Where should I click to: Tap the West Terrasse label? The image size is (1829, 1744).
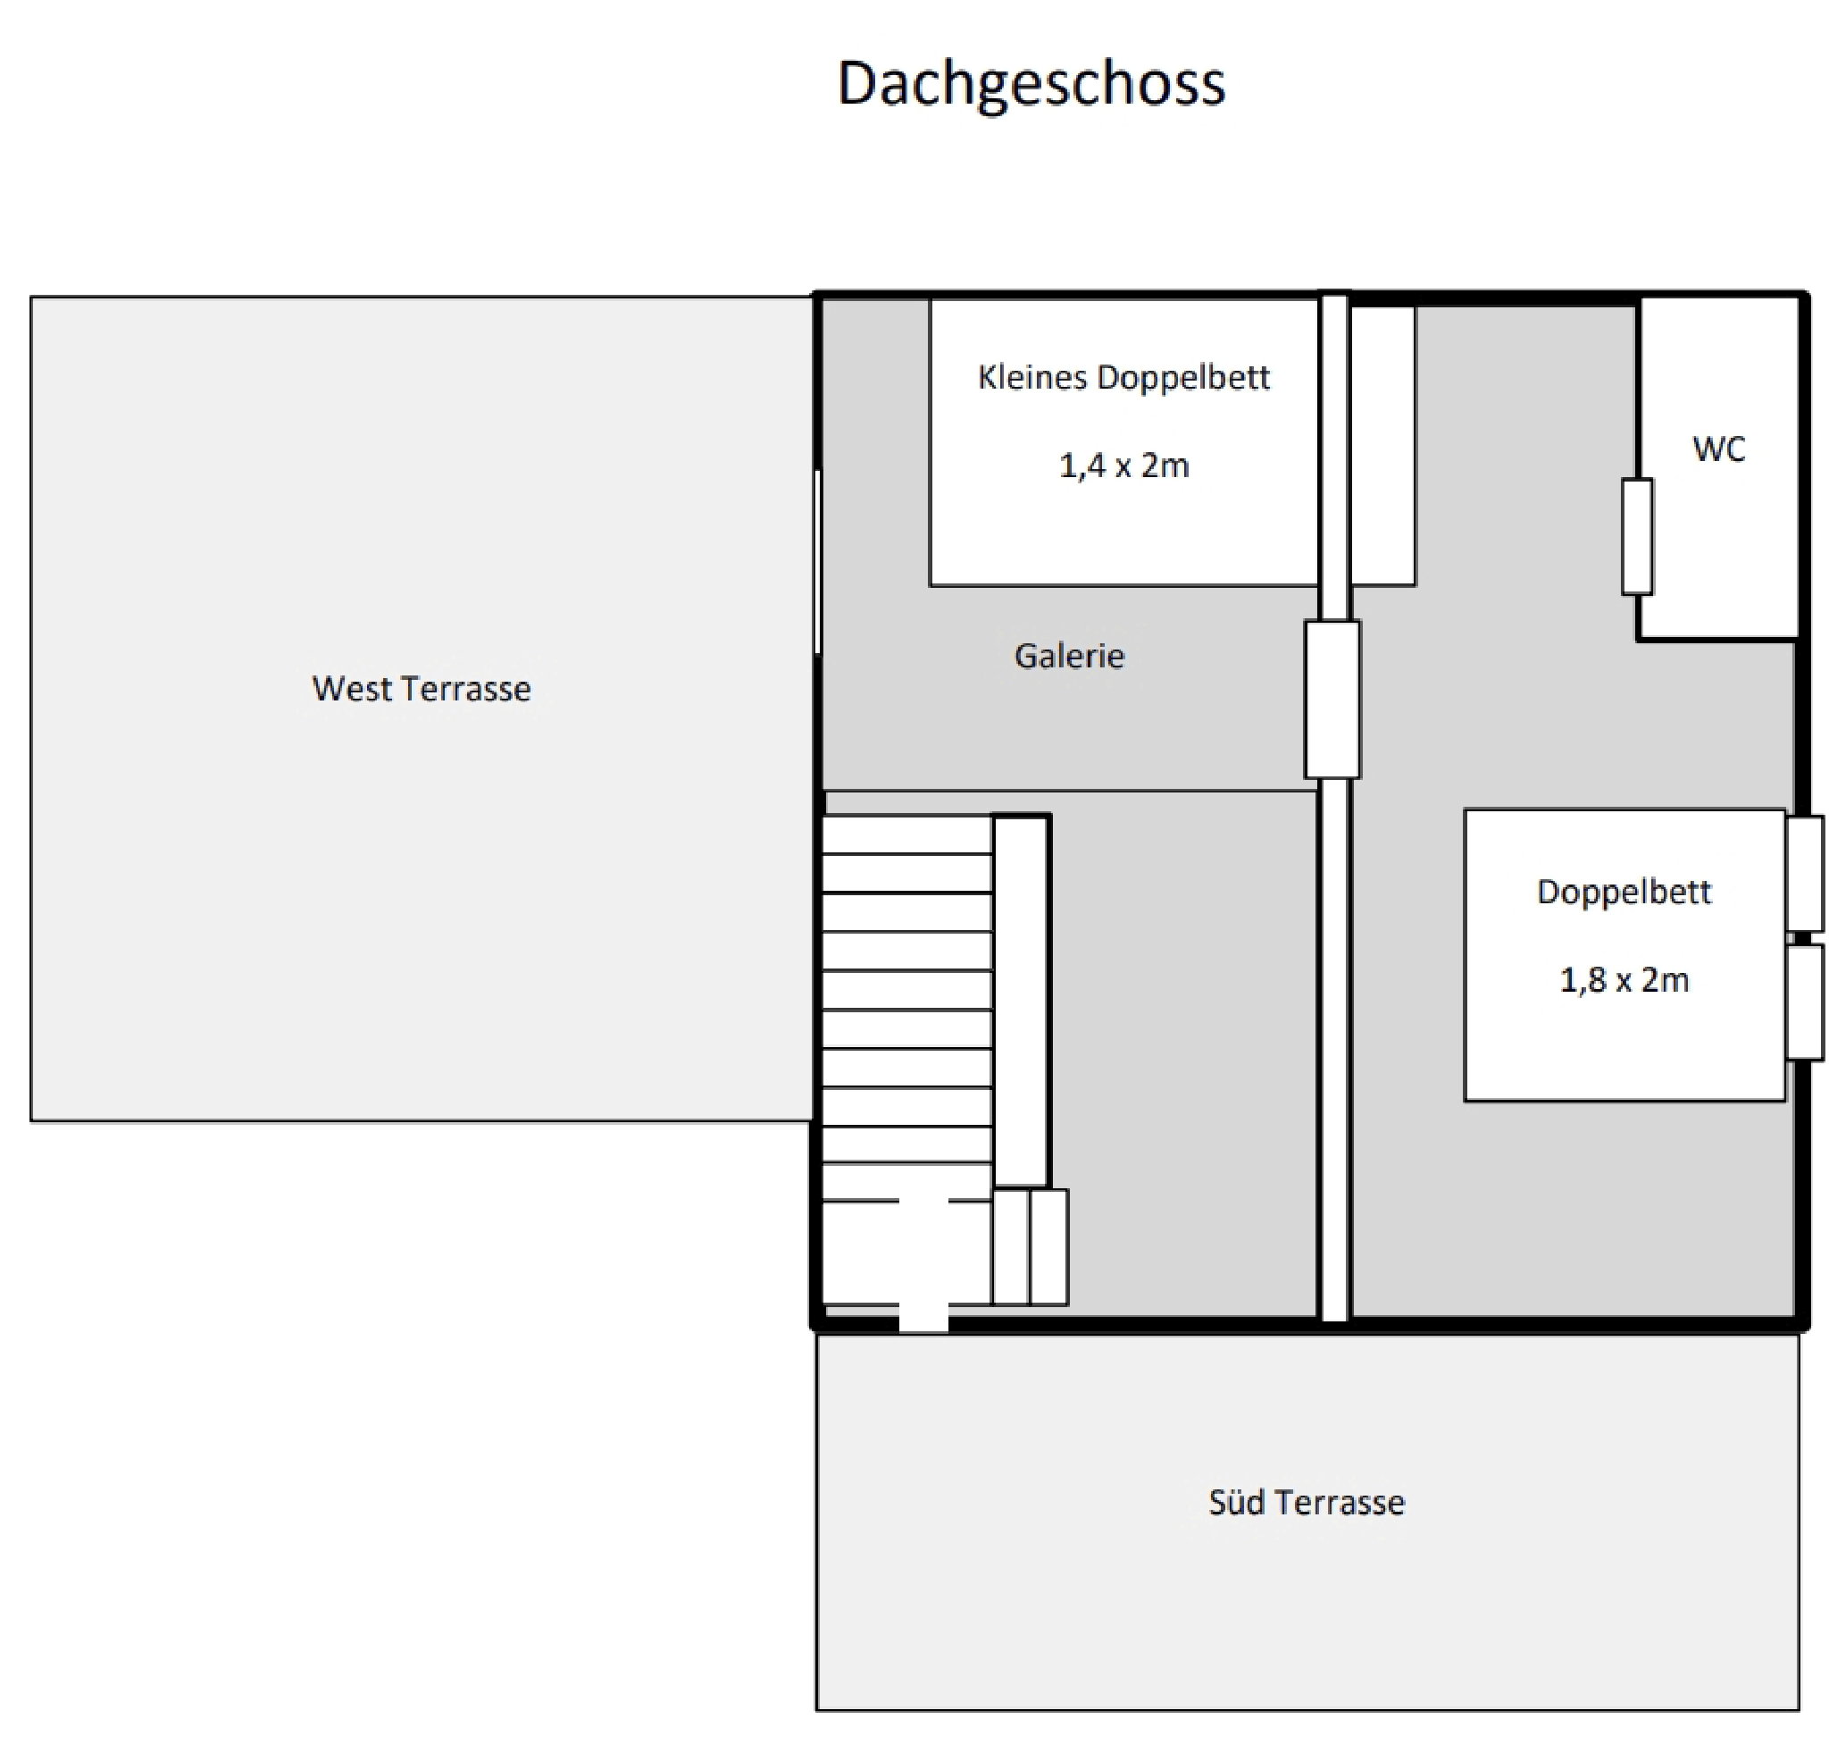(421, 689)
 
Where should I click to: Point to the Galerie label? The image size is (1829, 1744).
(1069, 657)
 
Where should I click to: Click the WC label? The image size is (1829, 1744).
(1718, 449)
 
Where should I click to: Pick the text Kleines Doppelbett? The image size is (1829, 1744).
(1123, 377)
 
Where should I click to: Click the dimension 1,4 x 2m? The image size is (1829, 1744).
(1123, 465)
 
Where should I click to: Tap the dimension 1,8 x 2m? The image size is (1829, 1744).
(1624, 980)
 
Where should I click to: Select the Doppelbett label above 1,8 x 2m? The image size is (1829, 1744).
(1624, 893)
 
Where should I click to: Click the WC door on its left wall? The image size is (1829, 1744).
(1638, 536)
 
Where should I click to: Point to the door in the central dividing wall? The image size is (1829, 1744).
(1332, 699)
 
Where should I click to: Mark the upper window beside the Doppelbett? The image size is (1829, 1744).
(1805, 874)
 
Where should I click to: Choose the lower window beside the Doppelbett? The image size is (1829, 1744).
(1805, 1002)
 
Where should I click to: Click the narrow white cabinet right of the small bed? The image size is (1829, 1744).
(1382, 446)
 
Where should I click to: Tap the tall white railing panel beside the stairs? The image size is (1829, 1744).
(1022, 1001)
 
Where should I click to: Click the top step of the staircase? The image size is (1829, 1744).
(907, 834)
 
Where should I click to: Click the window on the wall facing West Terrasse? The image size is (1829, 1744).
(818, 563)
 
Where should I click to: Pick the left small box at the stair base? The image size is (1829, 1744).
(1011, 1246)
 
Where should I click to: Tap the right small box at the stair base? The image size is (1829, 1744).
(1048, 1246)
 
